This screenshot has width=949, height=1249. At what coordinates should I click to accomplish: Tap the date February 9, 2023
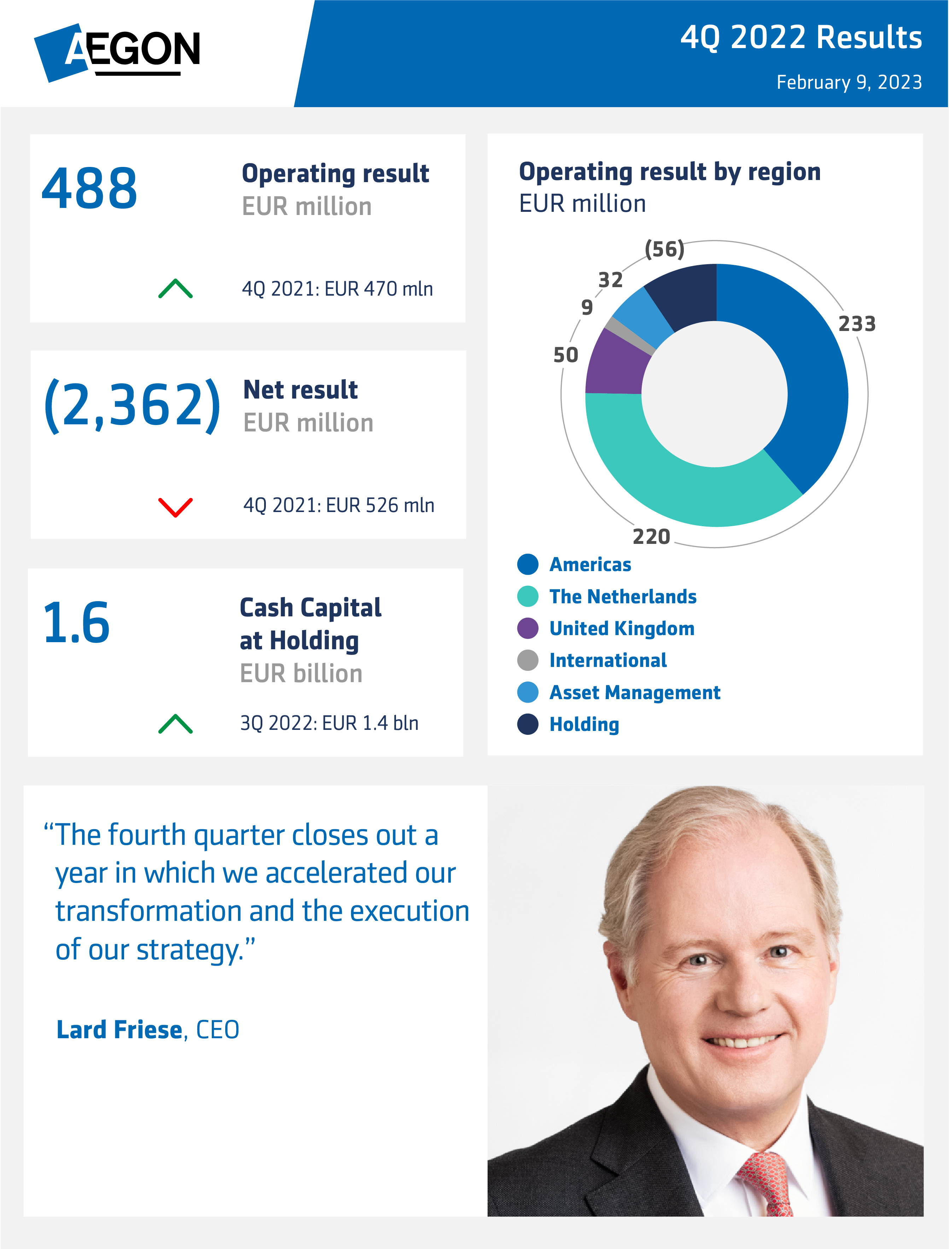pos(849,82)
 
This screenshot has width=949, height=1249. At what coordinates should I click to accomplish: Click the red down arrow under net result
pos(175,507)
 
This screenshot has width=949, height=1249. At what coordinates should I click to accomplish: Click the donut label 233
pos(856,324)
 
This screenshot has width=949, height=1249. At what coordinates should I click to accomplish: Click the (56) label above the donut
pos(664,249)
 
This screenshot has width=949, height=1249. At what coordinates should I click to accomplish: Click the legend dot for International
pos(528,660)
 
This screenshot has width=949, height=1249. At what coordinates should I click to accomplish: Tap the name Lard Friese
pos(119,1030)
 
